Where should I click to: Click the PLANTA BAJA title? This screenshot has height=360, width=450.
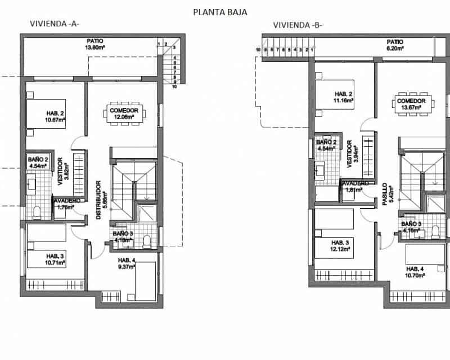coord(220,11)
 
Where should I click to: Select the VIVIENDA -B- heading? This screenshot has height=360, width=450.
coord(298,25)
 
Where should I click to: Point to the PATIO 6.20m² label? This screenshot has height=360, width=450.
coord(395,45)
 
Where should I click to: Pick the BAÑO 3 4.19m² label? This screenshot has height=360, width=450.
coord(122,236)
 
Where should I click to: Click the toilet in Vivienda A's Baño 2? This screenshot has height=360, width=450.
coord(37,212)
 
